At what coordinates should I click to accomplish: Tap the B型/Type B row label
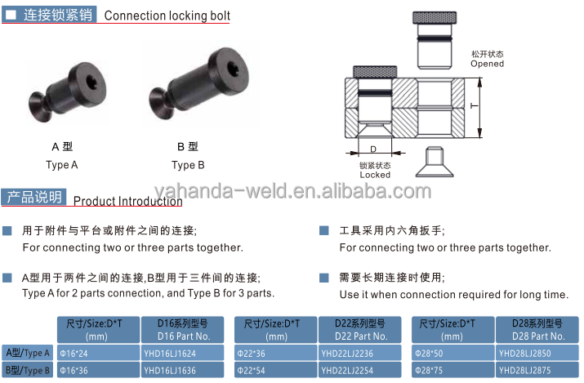coord(27,371)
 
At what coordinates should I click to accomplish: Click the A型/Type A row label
coord(27,354)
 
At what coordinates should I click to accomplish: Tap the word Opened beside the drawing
coord(487,64)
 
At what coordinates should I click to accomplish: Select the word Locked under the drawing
coord(375,175)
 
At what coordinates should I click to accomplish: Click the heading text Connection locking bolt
coord(167,16)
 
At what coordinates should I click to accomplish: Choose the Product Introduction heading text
coord(127,201)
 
